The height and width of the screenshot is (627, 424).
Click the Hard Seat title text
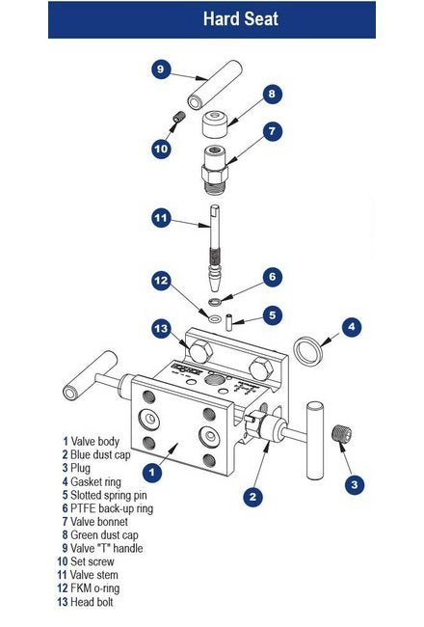tap(241, 18)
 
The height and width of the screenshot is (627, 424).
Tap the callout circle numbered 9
tap(161, 69)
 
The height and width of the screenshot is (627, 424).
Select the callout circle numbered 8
tap(272, 94)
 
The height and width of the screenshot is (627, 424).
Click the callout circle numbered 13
tap(161, 329)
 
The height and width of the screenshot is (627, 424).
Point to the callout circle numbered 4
tap(352, 327)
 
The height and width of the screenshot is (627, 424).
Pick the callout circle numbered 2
tap(253, 497)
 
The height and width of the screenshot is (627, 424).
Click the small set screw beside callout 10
tap(179, 118)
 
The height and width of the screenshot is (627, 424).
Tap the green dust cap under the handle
tap(215, 124)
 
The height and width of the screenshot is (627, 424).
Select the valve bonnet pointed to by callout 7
tap(215, 171)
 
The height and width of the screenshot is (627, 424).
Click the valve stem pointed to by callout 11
tap(215, 248)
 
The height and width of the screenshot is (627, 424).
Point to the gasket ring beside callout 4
tap(307, 351)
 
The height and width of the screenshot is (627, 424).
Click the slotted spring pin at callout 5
tap(229, 323)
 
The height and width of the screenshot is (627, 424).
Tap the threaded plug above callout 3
tap(342, 433)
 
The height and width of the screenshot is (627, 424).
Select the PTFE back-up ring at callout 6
tap(215, 300)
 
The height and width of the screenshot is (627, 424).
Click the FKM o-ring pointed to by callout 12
tap(216, 318)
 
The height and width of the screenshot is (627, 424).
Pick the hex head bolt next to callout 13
tap(200, 352)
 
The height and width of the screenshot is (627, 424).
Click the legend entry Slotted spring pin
tap(105, 495)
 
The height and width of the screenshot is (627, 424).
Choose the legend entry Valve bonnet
tap(95, 522)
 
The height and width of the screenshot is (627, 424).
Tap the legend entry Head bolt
tap(85, 602)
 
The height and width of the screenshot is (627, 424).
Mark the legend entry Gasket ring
tap(92, 481)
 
